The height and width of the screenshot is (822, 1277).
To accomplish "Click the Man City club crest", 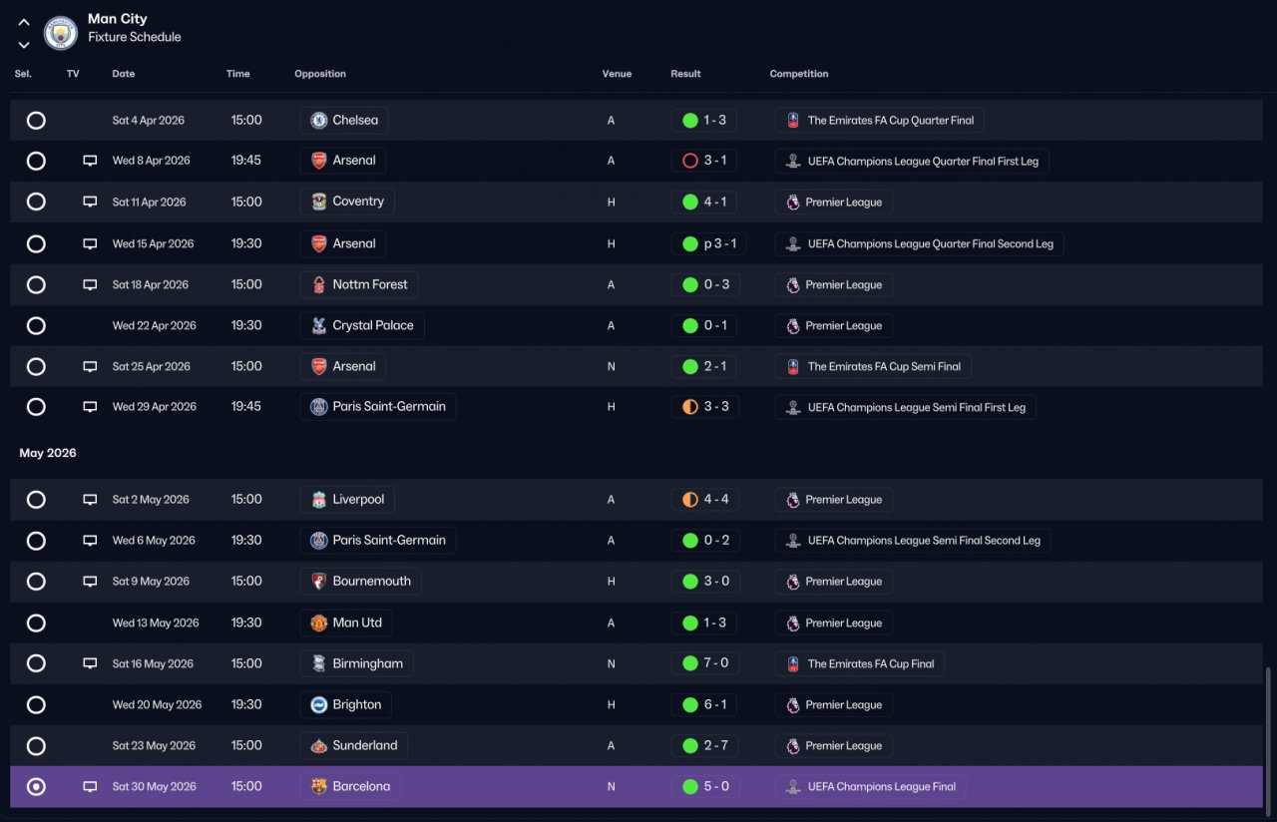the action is pos(61,33).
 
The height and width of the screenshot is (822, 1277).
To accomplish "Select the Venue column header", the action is pos(617,74).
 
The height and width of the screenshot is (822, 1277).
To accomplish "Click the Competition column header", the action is pos(799,74).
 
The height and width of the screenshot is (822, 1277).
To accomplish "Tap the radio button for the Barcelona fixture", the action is pos(36,787).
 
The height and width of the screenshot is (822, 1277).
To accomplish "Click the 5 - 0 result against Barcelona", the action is pos(716,786).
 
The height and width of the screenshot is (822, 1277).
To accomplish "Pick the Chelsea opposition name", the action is pos(355,120).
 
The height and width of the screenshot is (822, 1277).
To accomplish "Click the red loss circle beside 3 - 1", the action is pos(689,161).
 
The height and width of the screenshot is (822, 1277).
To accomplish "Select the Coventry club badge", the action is pos(318,202).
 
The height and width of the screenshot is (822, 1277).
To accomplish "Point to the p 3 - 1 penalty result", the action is pos(720,243).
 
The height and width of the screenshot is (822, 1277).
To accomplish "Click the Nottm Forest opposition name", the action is pos(370,284).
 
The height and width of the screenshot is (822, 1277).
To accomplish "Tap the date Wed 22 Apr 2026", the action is pos(154,325).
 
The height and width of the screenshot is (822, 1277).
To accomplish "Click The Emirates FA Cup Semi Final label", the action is pos(884,366).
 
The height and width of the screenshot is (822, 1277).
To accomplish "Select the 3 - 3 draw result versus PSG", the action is pos(716,406).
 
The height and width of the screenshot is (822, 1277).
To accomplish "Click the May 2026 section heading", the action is pos(48,453).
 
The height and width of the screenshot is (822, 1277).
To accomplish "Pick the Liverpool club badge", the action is pos(318,500).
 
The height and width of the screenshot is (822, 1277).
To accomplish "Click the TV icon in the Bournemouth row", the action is pos(90,582).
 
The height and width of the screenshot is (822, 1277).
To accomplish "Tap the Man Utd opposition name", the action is pos(357,622).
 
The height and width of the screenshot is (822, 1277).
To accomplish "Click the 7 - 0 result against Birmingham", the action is pos(716,663).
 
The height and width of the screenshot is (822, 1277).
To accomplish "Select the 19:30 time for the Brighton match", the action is pos(246,704).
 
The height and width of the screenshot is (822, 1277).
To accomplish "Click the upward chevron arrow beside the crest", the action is pos(23,22).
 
